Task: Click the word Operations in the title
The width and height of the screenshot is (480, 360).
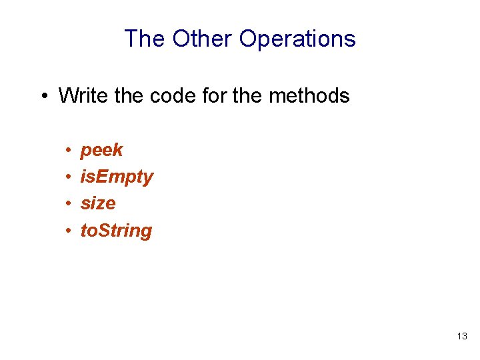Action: pos(297,39)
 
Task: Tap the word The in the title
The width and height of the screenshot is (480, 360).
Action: pos(145,39)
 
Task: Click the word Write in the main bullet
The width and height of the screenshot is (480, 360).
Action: pos(83,95)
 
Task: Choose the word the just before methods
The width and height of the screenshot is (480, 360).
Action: pos(249,95)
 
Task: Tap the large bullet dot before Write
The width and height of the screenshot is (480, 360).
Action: pos(43,96)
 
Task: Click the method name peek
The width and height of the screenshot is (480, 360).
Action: pos(101,150)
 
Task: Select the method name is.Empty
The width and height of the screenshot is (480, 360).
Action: pos(117,177)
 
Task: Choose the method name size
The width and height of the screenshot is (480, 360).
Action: pos(98,203)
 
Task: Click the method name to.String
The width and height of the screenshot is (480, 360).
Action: pos(116,231)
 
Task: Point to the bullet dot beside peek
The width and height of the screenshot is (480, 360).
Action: pos(69,151)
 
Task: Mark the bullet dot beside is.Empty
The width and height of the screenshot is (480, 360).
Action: pos(69,177)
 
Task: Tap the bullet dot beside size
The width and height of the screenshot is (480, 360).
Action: pos(69,204)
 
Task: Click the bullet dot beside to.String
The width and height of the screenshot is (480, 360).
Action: pos(69,231)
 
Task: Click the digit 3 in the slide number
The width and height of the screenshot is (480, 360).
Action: pos(465,337)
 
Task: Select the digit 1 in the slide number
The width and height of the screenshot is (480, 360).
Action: pos(459,337)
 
